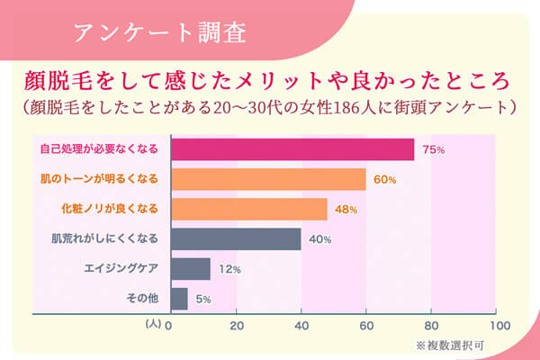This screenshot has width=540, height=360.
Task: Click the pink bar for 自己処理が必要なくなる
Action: (292, 148)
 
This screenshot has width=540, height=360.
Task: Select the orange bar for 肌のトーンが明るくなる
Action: (267, 179)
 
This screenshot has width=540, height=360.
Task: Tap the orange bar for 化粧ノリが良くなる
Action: (248, 209)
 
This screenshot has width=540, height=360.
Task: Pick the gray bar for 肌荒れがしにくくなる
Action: (235, 238)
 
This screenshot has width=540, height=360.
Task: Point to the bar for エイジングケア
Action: (190, 268)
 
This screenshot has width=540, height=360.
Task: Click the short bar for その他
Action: (178, 298)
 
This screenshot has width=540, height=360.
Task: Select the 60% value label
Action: (385, 180)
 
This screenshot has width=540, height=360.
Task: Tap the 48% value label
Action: (346, 210)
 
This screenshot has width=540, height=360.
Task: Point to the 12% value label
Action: (229, 269)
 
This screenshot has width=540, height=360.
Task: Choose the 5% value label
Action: (202, 299)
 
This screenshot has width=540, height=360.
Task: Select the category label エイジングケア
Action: (121, 268)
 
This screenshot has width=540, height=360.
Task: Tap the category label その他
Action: (144, 298)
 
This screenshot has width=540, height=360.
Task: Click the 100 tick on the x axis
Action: (495, 324)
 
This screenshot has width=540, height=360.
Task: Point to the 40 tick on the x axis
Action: (301, 324)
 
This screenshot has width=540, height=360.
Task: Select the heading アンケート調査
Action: (157, 33)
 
